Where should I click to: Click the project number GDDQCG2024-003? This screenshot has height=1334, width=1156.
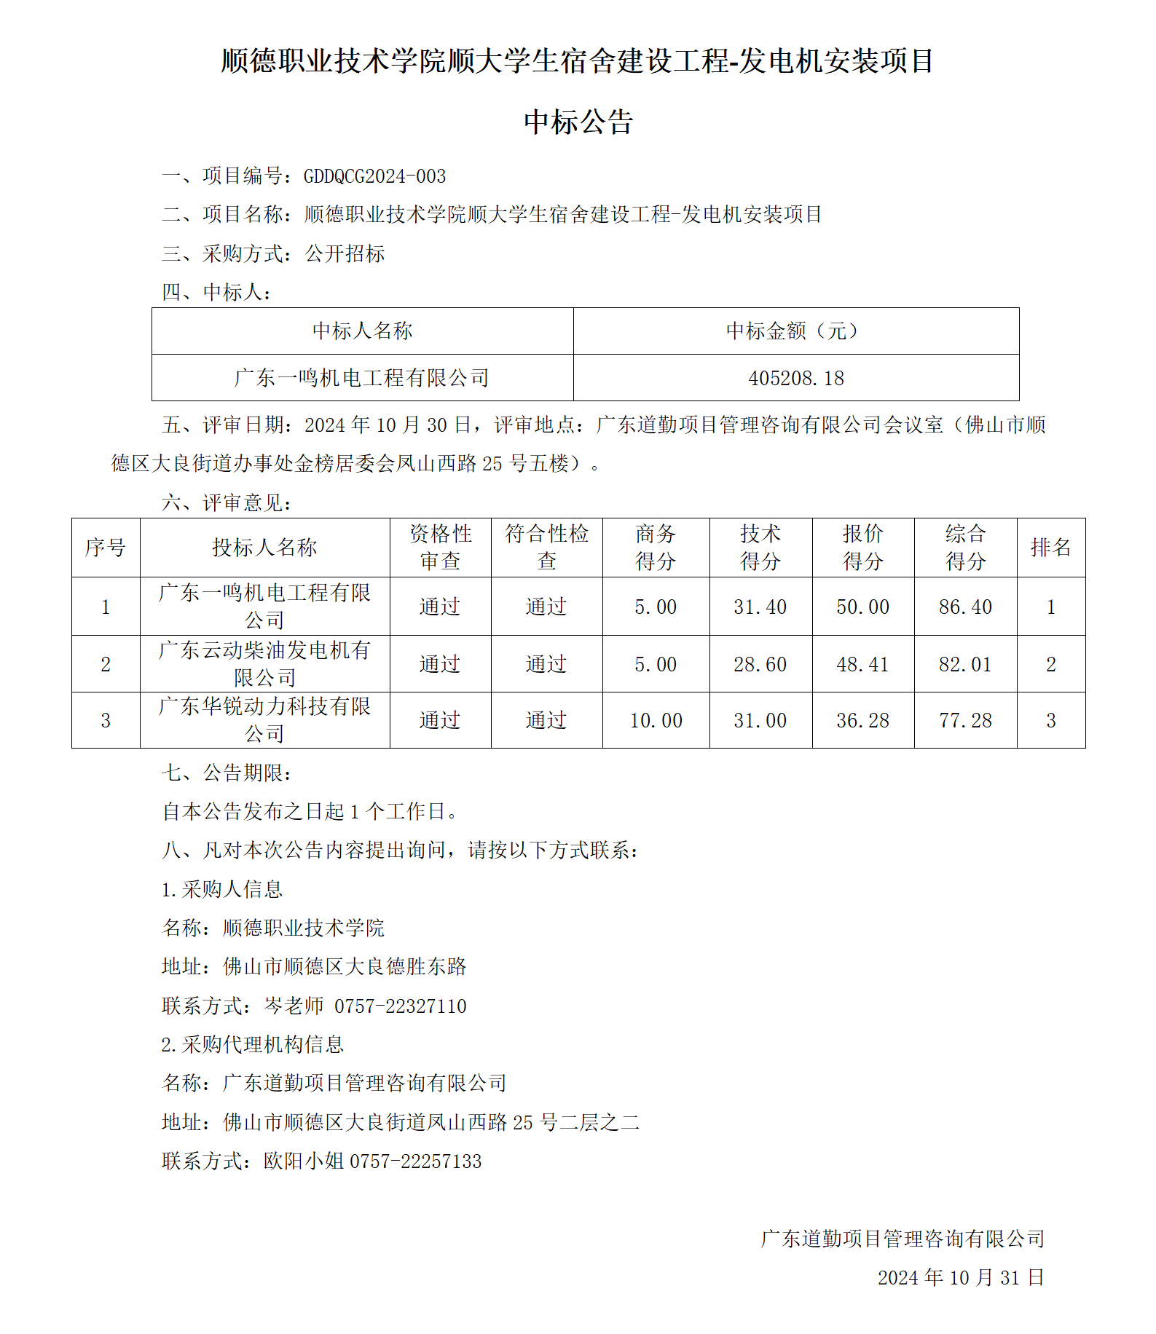(x=374, y=176)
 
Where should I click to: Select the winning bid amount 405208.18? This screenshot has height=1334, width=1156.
(x=796, y=378)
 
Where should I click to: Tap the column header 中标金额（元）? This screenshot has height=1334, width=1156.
(x=796, y=331)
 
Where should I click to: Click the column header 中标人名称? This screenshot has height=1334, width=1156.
(x=362, y=331)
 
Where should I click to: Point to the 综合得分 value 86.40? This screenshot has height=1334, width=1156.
(x=965, y=607)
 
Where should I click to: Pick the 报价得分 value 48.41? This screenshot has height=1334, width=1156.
(x=862, y=664)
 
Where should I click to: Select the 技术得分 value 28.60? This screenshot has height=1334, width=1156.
(x=760, y=664)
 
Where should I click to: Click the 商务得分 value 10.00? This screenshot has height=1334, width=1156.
(x=656, y=721)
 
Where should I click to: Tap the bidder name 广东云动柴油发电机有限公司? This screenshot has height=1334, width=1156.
(x=264, y=663)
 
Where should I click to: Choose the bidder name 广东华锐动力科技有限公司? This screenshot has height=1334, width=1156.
(x=264, y=719)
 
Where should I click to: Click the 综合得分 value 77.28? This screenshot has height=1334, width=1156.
(x=965, y=721)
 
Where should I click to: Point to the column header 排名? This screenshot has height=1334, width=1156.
(x=1050, y=548)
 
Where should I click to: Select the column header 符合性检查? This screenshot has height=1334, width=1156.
(x=546, y=547)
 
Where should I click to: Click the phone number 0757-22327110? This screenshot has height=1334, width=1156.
(x=400, y=1006)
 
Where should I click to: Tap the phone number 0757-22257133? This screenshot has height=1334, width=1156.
(x=416, y=1161)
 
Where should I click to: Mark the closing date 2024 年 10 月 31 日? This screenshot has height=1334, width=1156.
(x=961, y=1278)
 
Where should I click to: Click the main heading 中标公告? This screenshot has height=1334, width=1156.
(x=578, y=122)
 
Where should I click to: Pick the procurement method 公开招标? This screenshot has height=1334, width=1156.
(x=345, y=254)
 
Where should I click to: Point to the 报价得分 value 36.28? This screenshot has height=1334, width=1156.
(x=862, y=721)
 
